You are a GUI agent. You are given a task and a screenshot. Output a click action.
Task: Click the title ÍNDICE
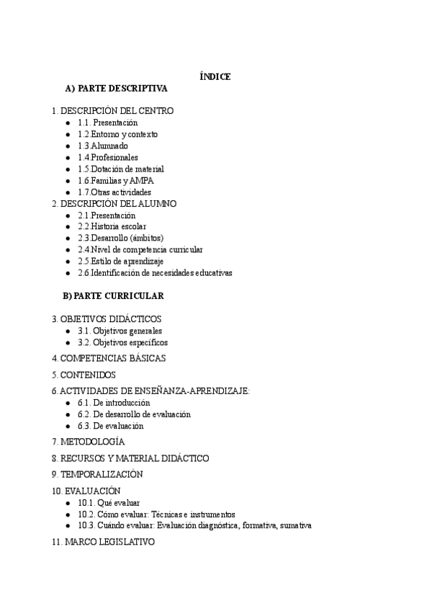click(x=215, y=76)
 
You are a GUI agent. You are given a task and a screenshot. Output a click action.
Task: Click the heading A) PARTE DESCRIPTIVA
click(x=116, y=89)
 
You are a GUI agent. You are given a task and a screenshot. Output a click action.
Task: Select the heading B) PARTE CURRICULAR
click(x=114, y=296)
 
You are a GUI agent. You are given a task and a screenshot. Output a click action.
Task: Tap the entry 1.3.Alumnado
click(x=103, y=146)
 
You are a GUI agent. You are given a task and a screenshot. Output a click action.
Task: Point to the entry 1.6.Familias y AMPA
click(x=116, y=181)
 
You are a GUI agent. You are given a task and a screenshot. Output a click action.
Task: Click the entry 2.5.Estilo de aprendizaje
click(x=121, y=262)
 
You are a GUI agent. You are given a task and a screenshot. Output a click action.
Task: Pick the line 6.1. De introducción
click(x=114, y=403)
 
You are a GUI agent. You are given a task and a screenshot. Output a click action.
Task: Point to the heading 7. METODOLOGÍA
click(x=88, y=441)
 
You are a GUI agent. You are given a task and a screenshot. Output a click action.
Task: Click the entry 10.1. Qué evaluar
click(x=109, y=502)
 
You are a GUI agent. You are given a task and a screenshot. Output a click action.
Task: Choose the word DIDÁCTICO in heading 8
click(x=184, y=458)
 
